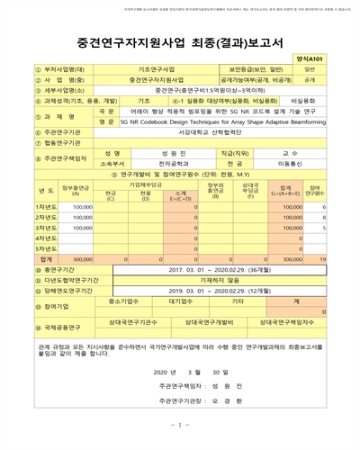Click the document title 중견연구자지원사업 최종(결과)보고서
click(180, 40)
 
